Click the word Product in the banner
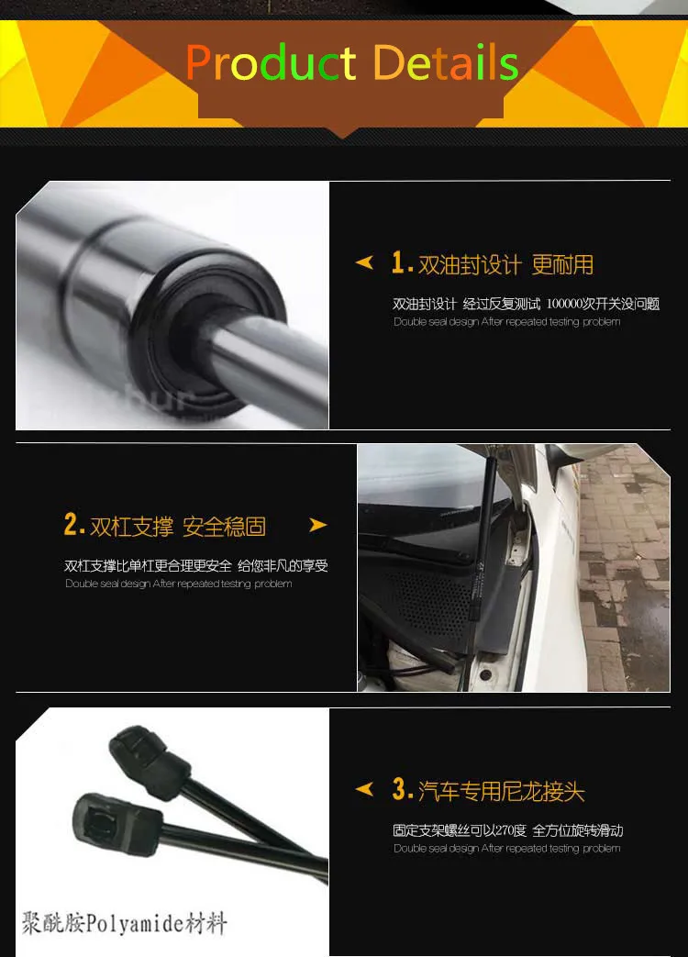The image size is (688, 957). point(271,63)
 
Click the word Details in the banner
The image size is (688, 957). point(446,63)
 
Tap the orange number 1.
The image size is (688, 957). point(398,264)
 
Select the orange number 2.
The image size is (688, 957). point(73,525)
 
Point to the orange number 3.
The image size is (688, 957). point(400,789)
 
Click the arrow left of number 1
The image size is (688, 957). point(364,264)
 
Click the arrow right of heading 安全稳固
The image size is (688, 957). point(317,526)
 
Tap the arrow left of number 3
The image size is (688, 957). point(364,789)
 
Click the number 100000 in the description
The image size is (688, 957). point(569,304)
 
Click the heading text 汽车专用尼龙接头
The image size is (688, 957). point(501,791)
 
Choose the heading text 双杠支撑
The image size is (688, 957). point(131,527)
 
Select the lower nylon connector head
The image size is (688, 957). point(111,820)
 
